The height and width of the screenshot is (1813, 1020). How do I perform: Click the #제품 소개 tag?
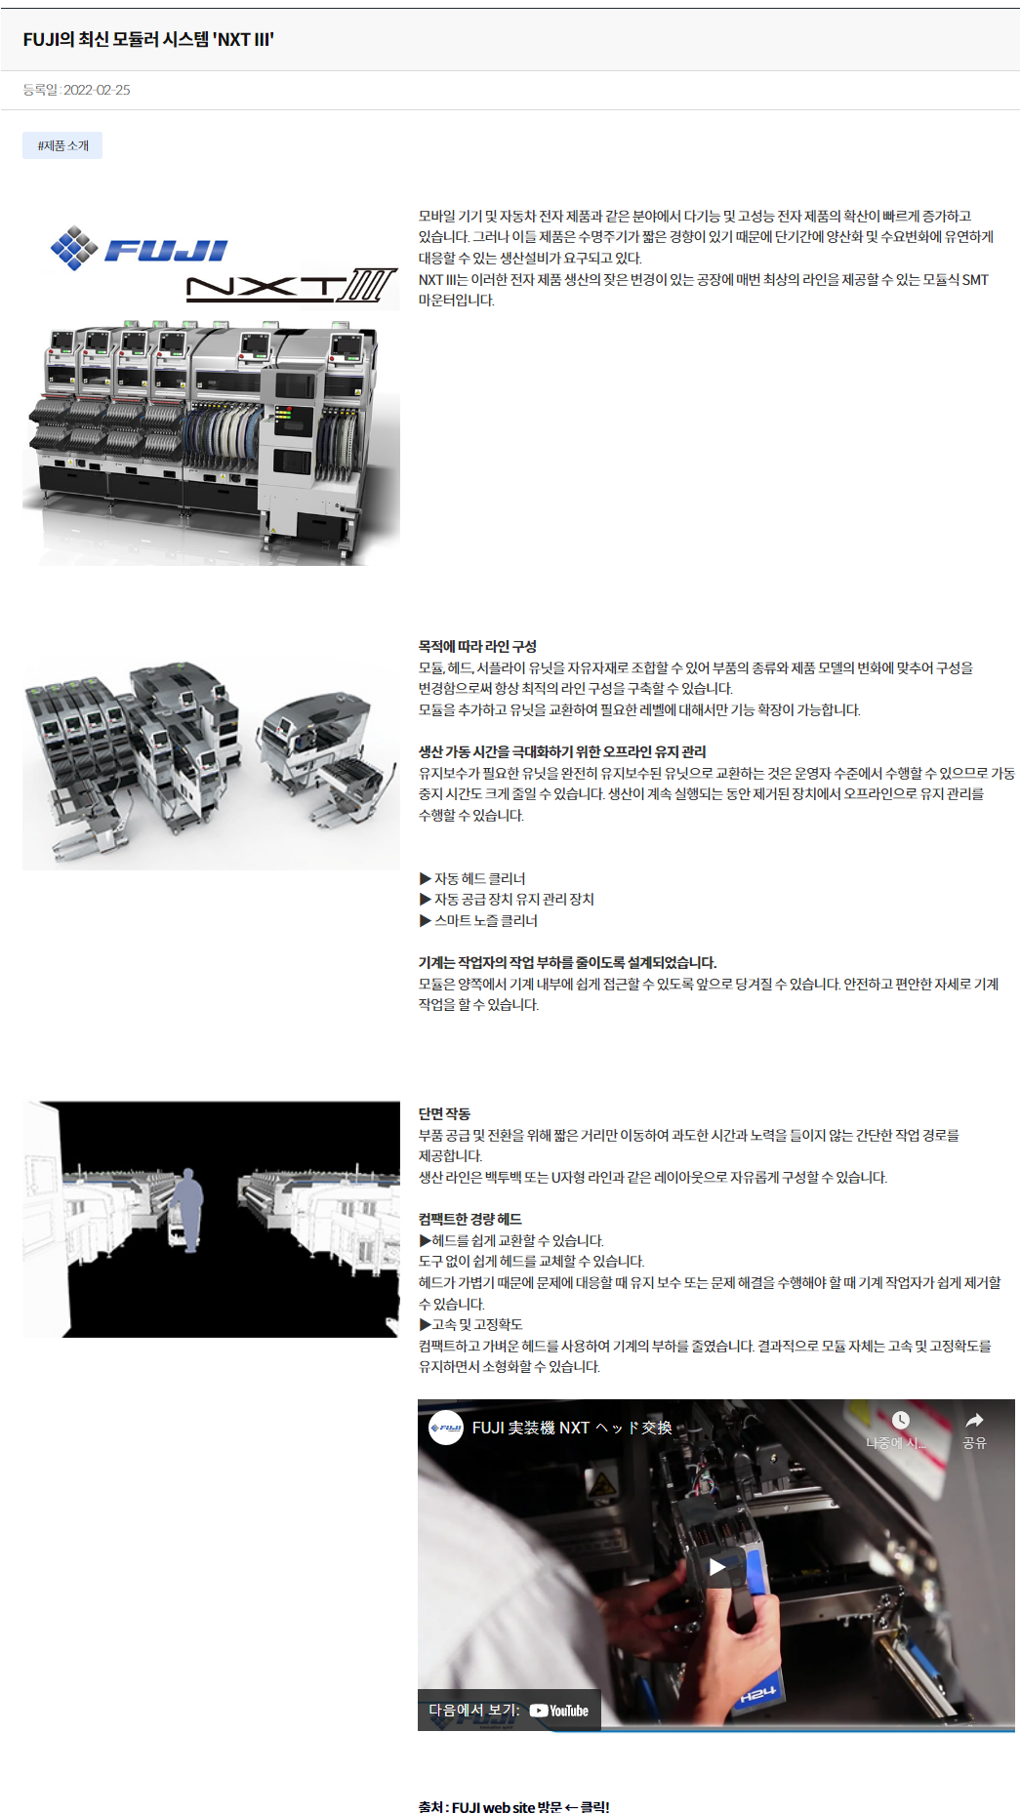62,145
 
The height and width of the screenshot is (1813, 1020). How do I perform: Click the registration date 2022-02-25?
97,90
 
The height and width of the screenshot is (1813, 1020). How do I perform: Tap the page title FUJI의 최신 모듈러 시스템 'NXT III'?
148,39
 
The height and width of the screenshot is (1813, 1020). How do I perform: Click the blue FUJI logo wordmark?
165,251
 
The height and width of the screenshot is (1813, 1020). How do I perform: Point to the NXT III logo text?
291,286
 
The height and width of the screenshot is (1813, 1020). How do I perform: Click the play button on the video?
717,1566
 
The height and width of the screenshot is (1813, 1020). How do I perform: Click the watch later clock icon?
900,1420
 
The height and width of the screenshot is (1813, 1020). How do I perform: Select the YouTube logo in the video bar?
559,1711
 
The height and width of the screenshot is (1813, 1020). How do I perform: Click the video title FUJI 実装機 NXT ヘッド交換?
572,1428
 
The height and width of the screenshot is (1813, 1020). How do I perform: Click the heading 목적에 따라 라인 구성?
477,646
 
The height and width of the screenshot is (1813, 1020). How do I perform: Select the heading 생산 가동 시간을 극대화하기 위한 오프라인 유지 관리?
562,751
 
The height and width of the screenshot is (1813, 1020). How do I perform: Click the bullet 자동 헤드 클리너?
472,878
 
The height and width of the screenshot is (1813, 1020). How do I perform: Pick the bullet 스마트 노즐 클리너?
478,920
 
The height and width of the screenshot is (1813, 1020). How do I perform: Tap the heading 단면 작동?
444,1113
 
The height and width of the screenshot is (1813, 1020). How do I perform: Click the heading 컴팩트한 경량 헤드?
470,1219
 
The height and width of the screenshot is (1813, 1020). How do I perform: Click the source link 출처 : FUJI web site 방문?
490,1807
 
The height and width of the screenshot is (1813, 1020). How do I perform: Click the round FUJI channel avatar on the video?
446,1428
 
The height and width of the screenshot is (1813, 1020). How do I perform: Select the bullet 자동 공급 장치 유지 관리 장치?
507,899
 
